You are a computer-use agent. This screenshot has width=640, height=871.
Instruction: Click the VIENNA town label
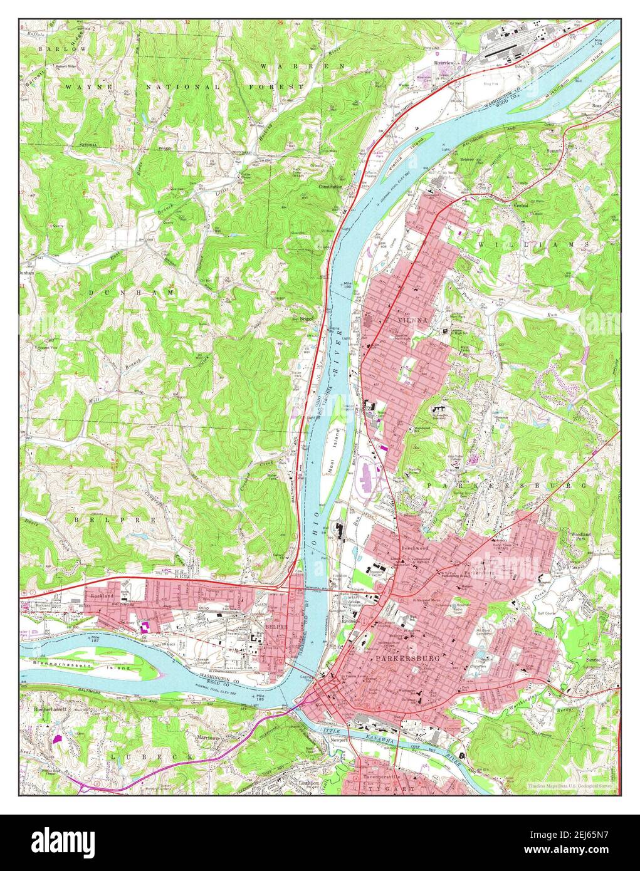(412, 320)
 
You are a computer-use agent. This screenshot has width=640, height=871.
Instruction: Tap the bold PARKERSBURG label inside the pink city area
(404, 660)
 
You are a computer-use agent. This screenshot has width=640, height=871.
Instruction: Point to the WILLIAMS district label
(533, 244)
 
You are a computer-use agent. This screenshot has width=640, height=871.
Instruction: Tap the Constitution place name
(330, 187)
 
